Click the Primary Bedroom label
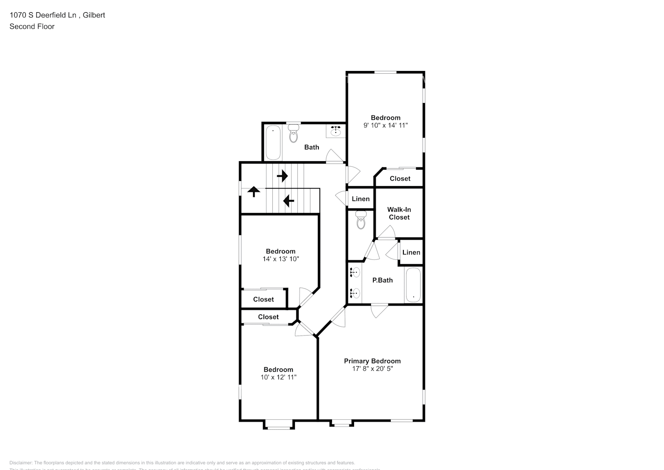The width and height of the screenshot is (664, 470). pyautogui.click(x=372, y=361)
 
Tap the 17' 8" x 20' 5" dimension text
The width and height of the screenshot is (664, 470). pyautogui.click(x=372, y=369)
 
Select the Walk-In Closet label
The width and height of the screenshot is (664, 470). pyautogui.click(x=399, y=213)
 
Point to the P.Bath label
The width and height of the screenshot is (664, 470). pyautogui.click(x=382, y=280)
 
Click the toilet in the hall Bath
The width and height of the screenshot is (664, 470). pyautogui.click(x=293, y=133)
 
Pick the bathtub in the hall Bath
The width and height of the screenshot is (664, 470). pyautogui.click(x=273, y=142)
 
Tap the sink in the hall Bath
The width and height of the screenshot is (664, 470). pyautogui.click(x=336, y=131)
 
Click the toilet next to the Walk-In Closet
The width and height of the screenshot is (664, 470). pyautogui.click(x=361, y=220)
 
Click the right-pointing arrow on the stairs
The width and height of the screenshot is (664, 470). pyautogui.click(x=282, y=176)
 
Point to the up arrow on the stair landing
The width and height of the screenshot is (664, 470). pyautogui.click(x=254, y=191)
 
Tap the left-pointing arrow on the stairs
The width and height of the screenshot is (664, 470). pyautogui.click(x=288, y=201)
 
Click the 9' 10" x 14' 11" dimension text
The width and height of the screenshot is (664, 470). pyautogui.click(x=386, y=125)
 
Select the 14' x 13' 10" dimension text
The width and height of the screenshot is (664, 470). pyautogui.click(x=280, y=259)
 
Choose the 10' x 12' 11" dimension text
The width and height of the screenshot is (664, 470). pyautogui.click(x=278, y=377)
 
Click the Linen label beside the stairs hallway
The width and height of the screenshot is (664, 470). pyautogui.click(x=361, y=199)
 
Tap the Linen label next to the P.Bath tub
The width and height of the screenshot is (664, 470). pyautogui.click(x=411, y=252)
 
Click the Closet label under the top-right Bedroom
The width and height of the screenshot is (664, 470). pyautogui.click(x=400, y=179)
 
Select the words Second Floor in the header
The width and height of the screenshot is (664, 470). pyautogui.click(x=32, y=26)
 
